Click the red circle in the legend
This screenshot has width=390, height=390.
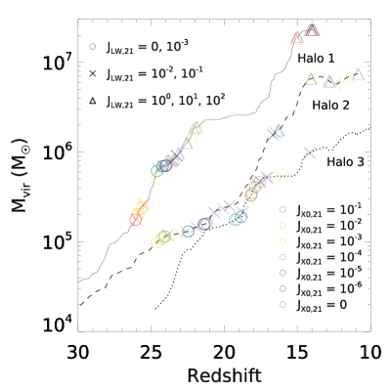[282, 209]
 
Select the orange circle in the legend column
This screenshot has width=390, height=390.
[282, 225]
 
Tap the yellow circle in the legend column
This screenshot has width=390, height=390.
[282, 240]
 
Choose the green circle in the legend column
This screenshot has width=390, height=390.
[282, 257]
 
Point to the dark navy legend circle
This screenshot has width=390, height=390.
[282, 288]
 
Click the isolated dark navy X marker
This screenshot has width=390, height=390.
[309, 152]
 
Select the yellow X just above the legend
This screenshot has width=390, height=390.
[282, 176]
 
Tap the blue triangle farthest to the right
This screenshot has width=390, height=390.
[358, 74]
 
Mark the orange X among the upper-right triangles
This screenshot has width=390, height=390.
[336, 84]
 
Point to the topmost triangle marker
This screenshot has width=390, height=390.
[312, 30]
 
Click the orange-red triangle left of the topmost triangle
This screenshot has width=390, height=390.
[297, 39]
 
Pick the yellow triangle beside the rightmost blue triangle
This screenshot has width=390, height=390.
[347, 77]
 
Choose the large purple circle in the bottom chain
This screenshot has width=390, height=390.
[205, 224]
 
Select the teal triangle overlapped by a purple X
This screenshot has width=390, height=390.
[278, 131]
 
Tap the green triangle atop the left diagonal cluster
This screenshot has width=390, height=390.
[197, 127]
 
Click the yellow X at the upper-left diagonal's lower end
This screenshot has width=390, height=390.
[153, 180]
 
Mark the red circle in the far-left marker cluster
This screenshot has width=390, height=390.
[136, 220]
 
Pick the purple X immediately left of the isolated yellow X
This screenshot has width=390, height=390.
[266, 177]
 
